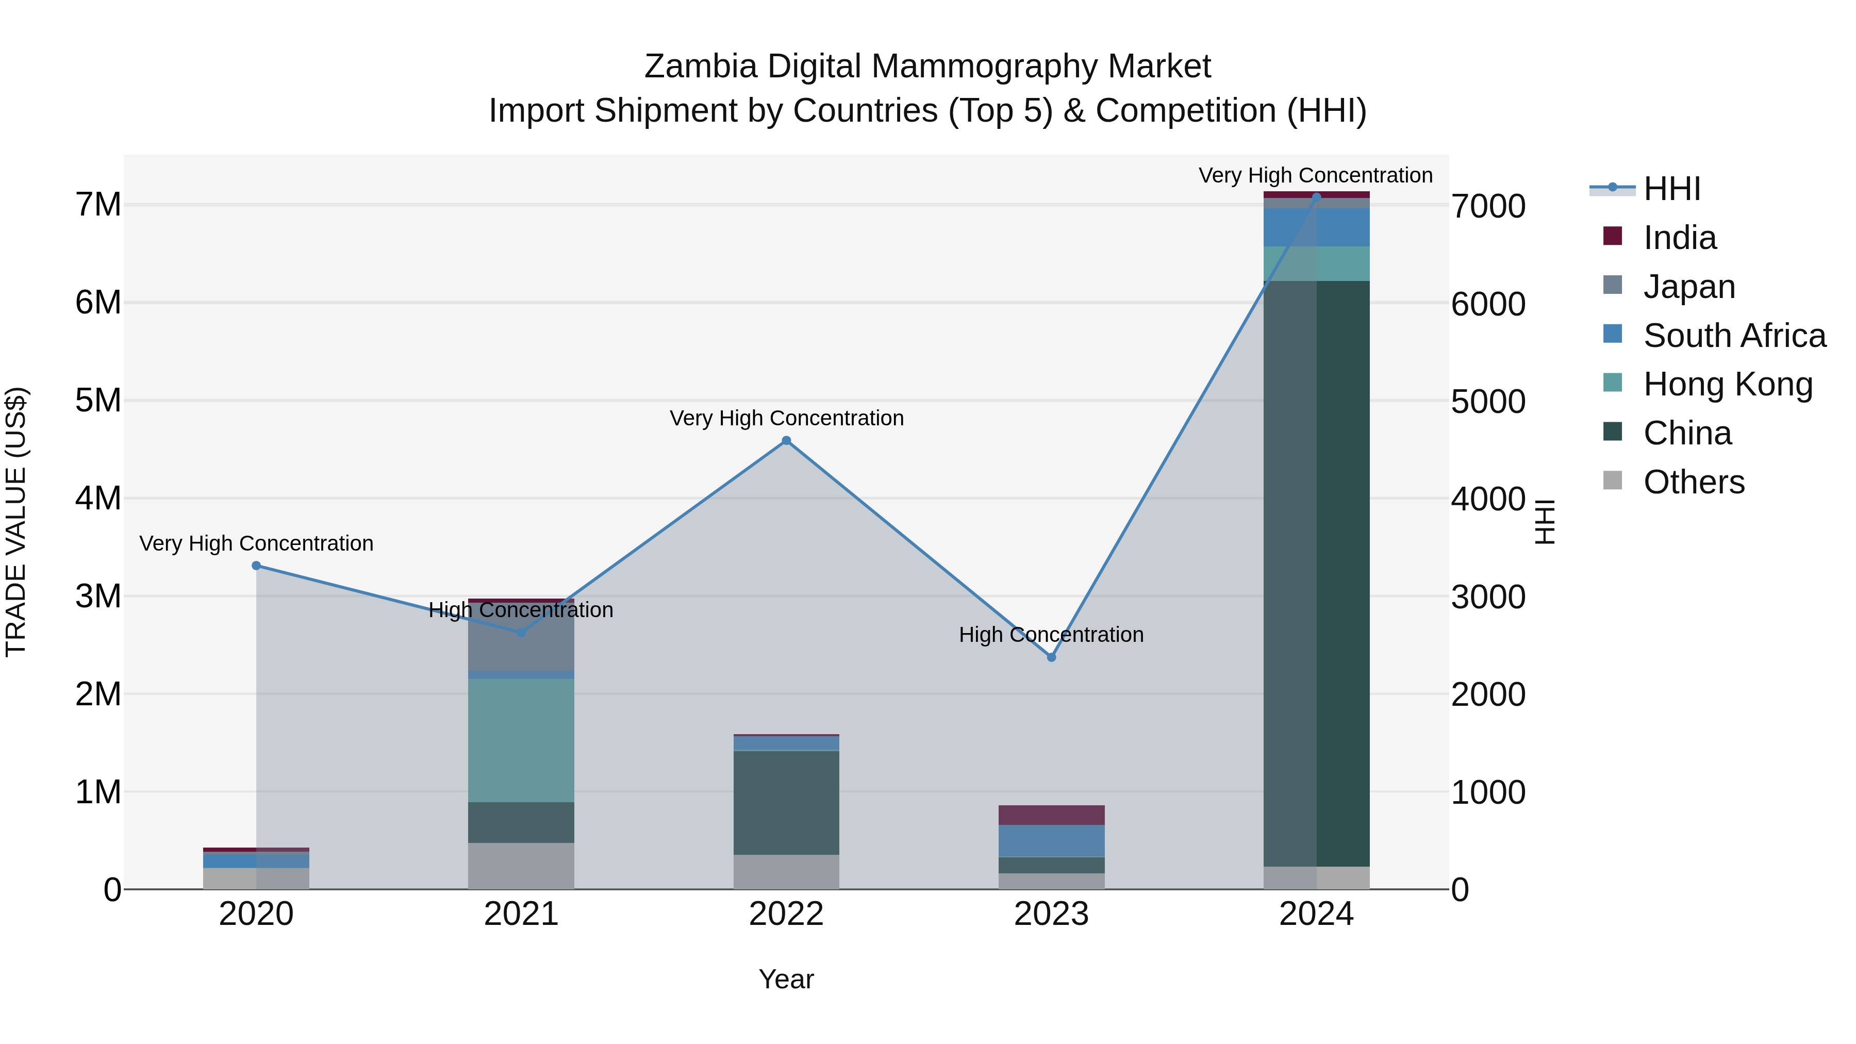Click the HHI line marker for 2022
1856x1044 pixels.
tap(786, 441)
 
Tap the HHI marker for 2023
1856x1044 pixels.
tap(1051, 657)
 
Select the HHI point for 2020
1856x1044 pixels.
tap(257, 566)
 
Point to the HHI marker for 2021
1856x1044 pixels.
tap(522, 633)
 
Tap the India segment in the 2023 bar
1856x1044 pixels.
tap(1051, 815)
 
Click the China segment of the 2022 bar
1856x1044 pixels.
tap(786, 803)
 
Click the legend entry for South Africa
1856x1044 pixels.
tap(1734, 336)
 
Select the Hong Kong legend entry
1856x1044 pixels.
tap(1727, 384)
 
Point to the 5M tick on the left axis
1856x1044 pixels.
tap(98, 401)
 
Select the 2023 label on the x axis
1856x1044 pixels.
tap(1051, 914)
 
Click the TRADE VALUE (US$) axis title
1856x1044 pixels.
tap(16, 522)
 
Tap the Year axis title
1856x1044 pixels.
tap(786, 979)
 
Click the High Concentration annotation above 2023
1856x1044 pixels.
tap(1051, 635)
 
